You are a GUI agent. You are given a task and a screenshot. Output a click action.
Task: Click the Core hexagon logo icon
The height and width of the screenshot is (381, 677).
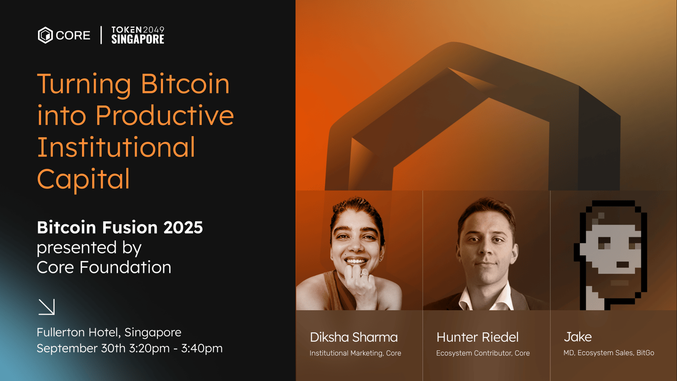point(45,35)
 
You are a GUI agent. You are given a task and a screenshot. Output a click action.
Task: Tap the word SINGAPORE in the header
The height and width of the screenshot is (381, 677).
point(138,39)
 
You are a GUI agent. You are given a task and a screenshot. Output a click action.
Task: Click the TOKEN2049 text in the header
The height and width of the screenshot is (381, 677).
point(138,30)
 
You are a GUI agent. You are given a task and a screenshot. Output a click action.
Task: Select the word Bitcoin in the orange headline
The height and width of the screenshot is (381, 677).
point(185,84)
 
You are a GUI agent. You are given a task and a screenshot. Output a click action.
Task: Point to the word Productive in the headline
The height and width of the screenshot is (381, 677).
point(165,116)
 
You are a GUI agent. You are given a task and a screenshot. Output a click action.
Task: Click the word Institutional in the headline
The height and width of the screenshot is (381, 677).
point(116,147)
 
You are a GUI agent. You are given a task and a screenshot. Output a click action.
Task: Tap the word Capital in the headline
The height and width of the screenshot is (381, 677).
point(83,179)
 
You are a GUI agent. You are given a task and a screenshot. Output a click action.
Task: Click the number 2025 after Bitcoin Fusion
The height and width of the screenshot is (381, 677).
point(183,227)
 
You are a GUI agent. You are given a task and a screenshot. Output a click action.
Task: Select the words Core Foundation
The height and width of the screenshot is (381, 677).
point(104,268)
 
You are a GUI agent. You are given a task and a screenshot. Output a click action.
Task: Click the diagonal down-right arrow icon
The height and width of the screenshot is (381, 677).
point(47,307)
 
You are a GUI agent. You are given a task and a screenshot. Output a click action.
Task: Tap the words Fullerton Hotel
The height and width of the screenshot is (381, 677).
point(79,333)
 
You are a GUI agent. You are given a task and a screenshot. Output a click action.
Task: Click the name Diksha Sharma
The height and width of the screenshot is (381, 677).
point(354,337)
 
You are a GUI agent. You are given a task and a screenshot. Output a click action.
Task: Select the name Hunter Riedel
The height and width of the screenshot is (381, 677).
point(478,337)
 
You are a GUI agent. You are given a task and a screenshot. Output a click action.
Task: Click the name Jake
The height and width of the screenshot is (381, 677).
point(578,337)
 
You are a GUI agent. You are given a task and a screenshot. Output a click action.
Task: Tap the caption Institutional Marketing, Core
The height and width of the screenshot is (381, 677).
point(355,353)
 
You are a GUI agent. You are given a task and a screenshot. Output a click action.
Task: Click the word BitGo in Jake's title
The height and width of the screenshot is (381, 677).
point(645,353)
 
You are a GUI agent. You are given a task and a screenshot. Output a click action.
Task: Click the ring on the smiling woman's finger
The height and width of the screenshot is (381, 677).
point(364,275)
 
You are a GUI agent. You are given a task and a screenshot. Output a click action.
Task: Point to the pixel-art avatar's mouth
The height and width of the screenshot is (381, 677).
point(622,265)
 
